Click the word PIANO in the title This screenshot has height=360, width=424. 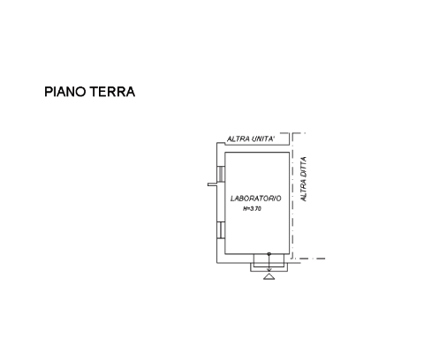click(65, 92)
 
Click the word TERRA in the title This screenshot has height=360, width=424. click(112, 92)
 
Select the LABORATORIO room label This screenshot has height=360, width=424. click(255, 199)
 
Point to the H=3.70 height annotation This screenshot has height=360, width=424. click(252, 209)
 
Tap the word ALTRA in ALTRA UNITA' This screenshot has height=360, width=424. click(238, 139)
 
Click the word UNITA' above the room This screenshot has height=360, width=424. click(263, 139)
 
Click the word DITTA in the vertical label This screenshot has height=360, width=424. click(304, 168)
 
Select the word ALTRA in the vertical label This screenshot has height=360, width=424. click(304, 191)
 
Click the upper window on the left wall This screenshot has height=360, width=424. click(221, 174)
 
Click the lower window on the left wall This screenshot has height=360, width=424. click(221, 229)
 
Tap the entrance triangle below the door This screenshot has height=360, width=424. click(269, 276)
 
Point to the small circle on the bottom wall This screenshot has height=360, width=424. click(269, 253)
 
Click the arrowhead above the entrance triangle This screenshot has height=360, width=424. click(269, 270)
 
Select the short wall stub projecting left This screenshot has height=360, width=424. click(212, 184)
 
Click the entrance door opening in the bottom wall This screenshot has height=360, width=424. click(269, 259)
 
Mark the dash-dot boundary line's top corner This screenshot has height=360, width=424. click(292, 133)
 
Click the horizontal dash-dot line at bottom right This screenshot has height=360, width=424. click(309, 259)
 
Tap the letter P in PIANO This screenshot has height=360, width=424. click(48, 92)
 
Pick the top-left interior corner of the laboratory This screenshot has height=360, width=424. click(225, 152)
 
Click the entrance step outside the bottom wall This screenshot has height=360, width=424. click(269, 267)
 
